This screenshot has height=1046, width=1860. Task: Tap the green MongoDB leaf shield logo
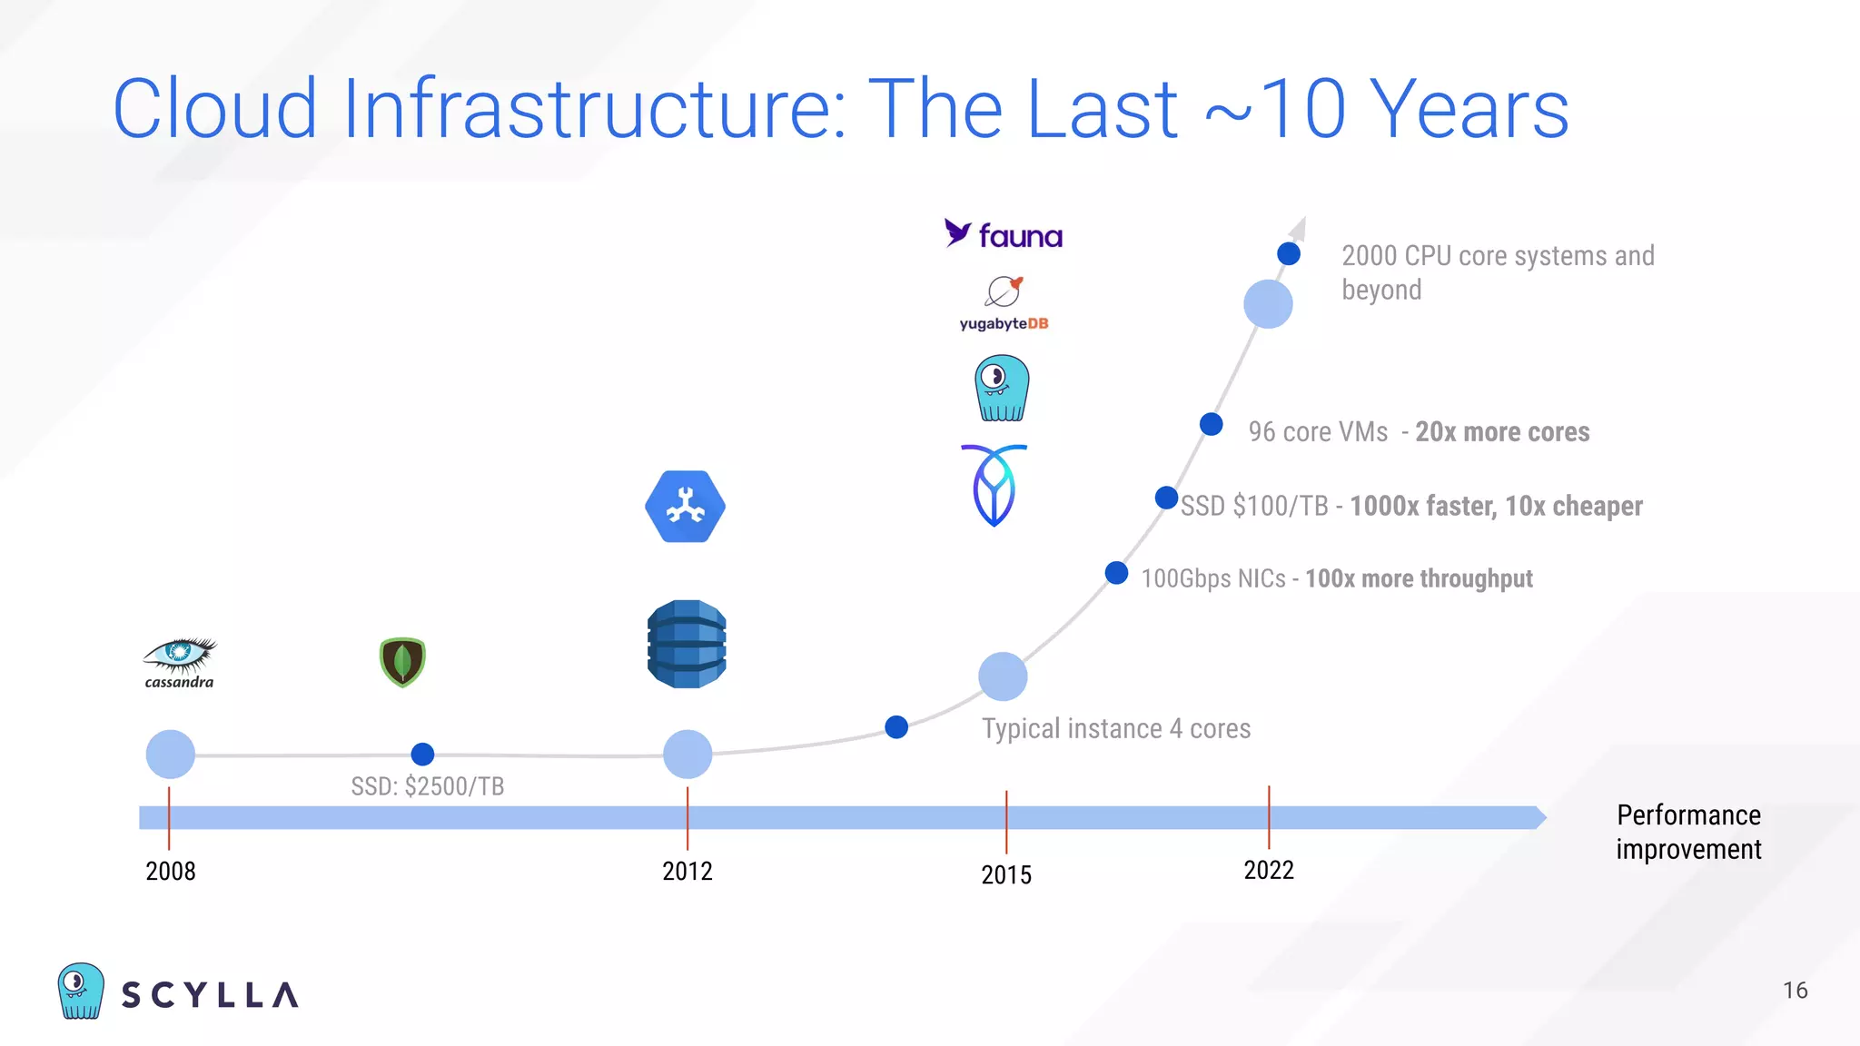(402, 662)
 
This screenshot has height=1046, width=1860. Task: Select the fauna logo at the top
(1003, 235)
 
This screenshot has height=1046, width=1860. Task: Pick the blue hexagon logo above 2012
(686, 507)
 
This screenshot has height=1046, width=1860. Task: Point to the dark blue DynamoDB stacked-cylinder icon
(687, 644)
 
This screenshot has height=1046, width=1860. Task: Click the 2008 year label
(171, 871)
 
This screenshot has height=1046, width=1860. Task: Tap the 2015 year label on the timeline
(1006, 874)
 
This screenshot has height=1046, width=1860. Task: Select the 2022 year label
(1269, 870)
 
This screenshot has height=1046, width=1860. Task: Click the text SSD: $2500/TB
(428, 786)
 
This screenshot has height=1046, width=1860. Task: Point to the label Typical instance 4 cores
(1116, 728)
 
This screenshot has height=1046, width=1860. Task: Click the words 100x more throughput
(1419, 578)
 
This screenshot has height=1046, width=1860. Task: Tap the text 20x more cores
(1502, 432)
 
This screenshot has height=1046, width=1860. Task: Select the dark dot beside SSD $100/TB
(1166, 498)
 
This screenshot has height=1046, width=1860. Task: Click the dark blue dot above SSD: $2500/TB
(422, 754)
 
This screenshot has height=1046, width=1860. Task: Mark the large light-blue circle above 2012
(688, 754)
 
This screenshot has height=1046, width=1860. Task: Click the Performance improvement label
(1688, 832)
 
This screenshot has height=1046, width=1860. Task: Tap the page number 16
(1795, 991)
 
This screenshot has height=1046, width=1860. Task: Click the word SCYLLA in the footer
(210, 995)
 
